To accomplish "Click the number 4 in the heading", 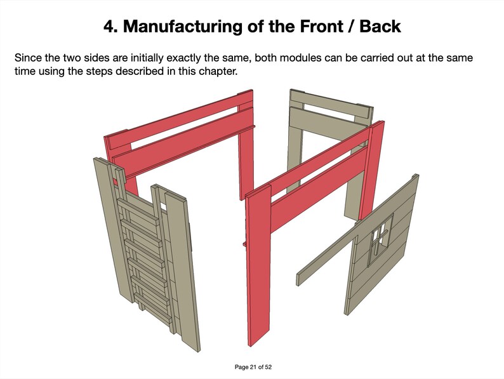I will point(109,27).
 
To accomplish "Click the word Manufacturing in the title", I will point(185,27).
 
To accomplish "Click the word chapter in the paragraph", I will point(218,72).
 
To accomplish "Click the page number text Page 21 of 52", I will point(252,368).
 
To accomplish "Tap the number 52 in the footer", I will point(265,368).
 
